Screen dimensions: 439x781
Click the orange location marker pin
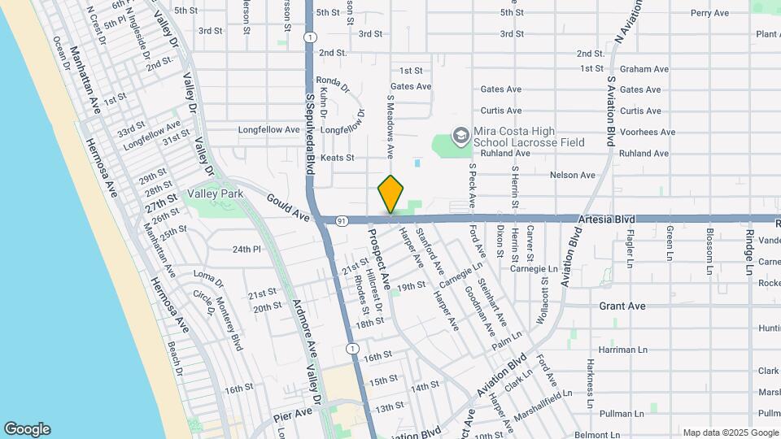coord(391,194)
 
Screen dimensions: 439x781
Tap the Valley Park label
coord(216,194)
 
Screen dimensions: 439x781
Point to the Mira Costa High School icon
coord(460,135)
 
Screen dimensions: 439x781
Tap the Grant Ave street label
coord(622,306)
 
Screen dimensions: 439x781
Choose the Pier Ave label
coord(293,412)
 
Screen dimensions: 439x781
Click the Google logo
coord(27,429)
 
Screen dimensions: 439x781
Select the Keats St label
coord(338,158)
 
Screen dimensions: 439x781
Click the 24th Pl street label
coord(247,250)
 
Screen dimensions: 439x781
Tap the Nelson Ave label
coord(573,175)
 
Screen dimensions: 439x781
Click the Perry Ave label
coord(710,13)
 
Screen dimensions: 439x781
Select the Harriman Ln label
coord(622,350)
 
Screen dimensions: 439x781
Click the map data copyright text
coord(729,432)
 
